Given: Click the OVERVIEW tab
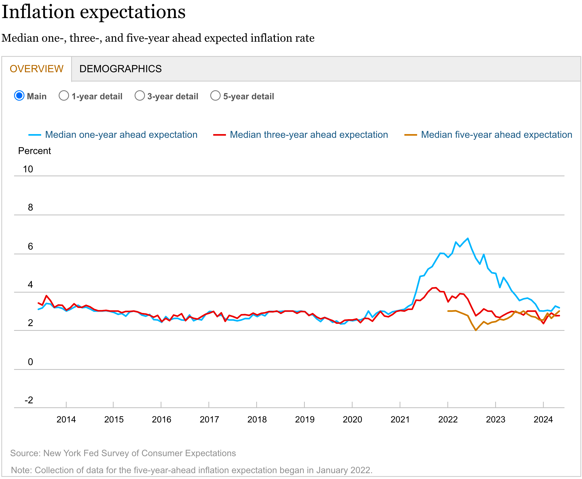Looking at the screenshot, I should point(36,69).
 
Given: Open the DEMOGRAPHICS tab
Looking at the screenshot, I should point(120,69).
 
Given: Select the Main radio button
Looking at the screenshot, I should point(19,96).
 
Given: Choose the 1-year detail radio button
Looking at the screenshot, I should point(64,96).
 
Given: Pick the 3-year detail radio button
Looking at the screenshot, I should point(140,96).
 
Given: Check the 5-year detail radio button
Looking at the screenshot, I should point(215,96).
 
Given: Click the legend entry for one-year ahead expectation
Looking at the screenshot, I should point(121,135).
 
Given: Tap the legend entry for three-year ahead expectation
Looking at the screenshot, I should point(309,135).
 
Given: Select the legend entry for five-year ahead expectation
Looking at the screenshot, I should point(496,135).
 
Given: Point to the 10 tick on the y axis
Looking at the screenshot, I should point(28,169).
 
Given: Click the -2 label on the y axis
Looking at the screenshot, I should point(29,400).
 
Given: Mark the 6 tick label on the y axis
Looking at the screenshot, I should point(30,246).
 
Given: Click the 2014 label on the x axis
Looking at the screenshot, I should point(66,420).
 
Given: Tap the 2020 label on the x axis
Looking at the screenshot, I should point(352,420).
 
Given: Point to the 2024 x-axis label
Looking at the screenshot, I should point(543,420).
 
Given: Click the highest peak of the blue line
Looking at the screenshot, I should point(468,238).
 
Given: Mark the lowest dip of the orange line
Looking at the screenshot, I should point(476,330).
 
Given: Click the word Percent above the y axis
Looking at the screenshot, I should point(35,151).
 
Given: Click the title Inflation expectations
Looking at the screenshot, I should point(93,12).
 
